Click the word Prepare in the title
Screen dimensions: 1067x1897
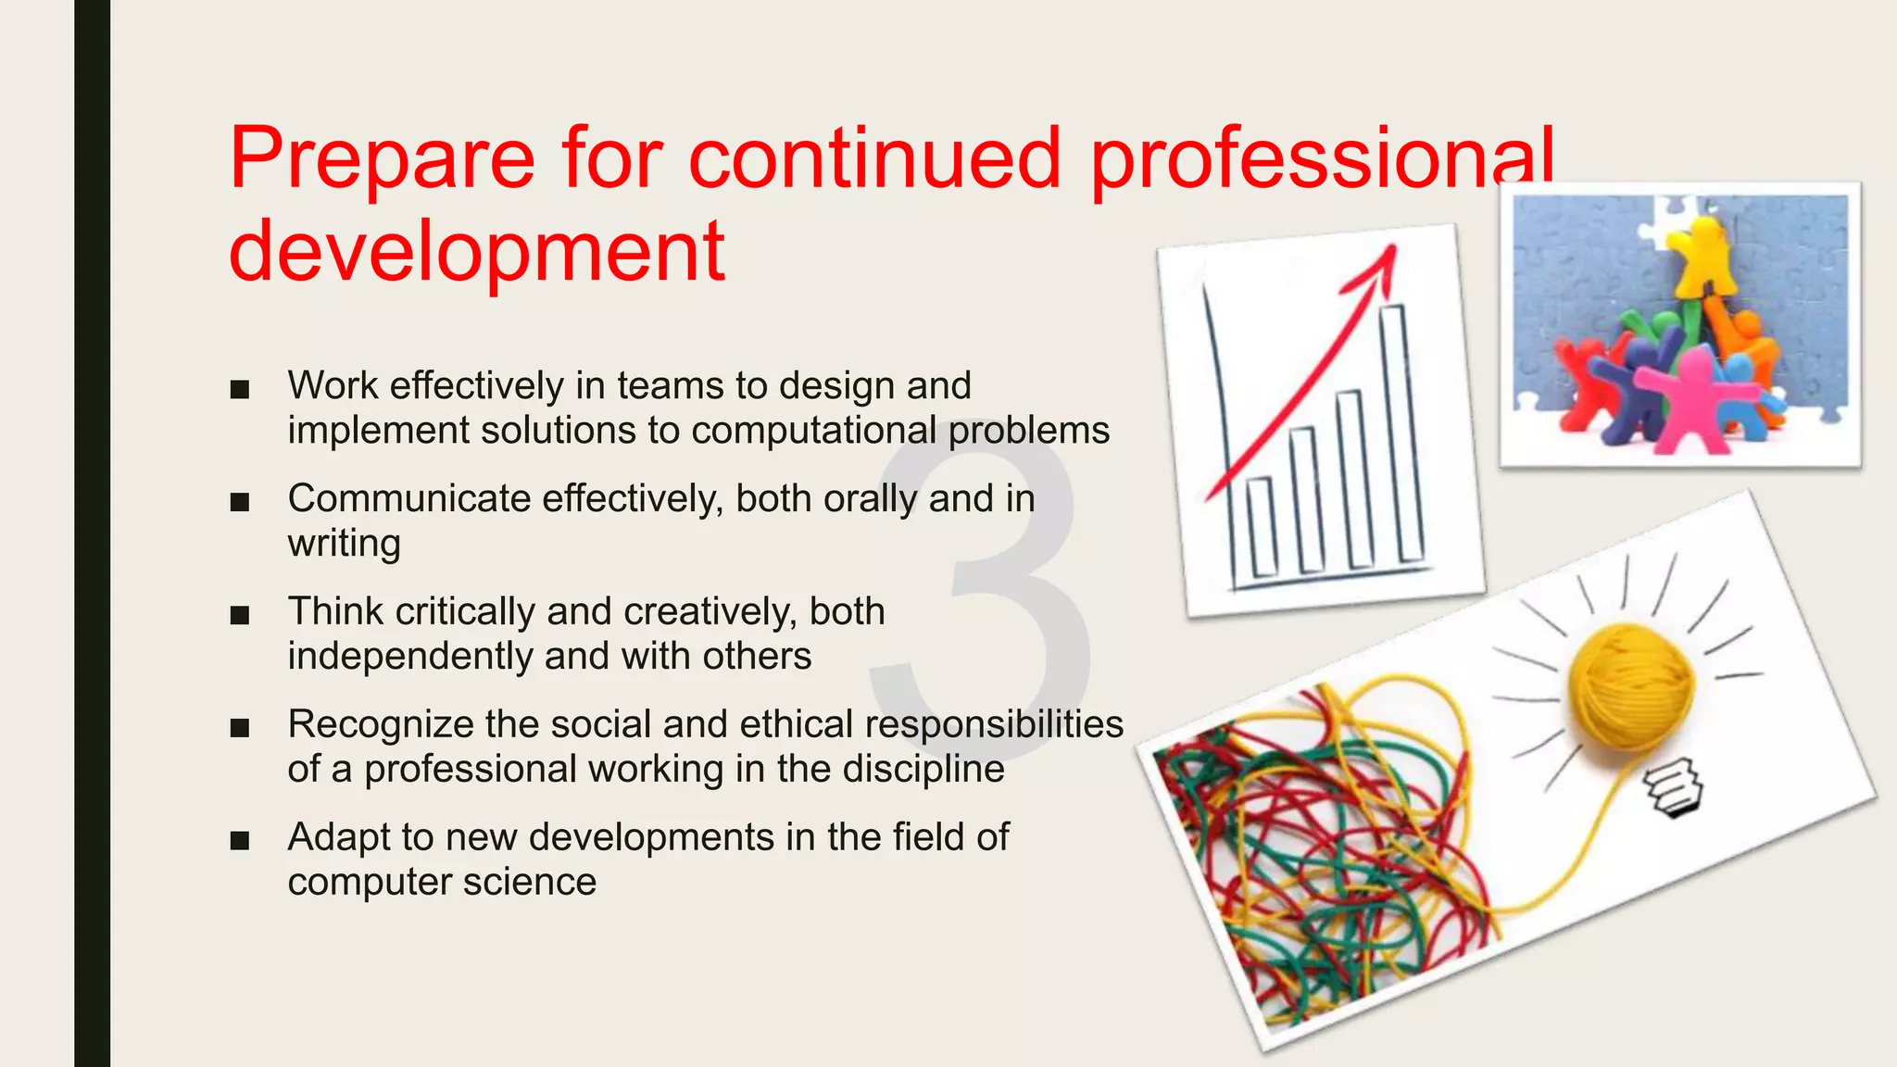pyautogui.click(x=382, y=159)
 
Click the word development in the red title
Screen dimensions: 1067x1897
pyautogui.click(x=476, y=252)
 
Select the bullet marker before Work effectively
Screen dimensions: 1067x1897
pyautogui.click(x=240, y=390)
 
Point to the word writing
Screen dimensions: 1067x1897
pyautogui.click(x=344, y=544)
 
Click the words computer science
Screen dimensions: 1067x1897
pyautogui.click(x=442, y=882)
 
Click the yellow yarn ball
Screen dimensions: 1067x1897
pyautogui.click(x=1630, y=685)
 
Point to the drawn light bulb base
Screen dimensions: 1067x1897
pyautogui.click(x=1674, y=788)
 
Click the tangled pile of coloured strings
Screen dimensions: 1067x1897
pyautogui.click(x=1315, y=852)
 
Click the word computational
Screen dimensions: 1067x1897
pyautogui.click(x=813, y=432)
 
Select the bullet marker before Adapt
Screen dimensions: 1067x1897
pyautogui.click(x=240, y=841)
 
